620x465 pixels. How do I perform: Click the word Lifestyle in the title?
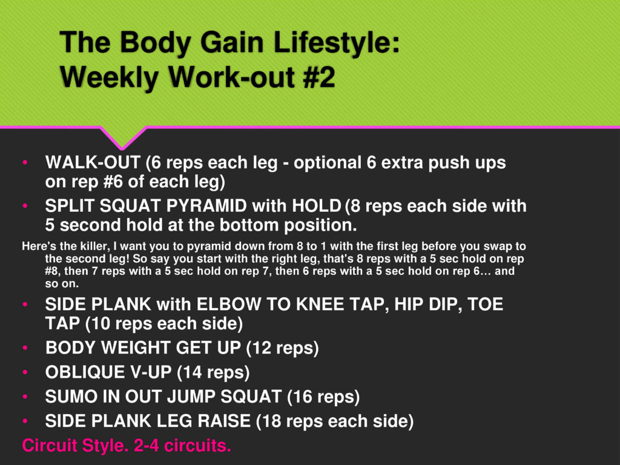click(337, 42)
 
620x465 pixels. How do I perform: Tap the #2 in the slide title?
click(319, 77)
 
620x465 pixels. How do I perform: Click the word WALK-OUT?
click(93, 162)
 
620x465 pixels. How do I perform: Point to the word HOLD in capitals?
click(317, 206)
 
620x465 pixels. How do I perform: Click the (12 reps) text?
click(282, 348)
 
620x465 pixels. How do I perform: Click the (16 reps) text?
click(323, 397)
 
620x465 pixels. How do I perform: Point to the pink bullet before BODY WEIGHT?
click(25, 348)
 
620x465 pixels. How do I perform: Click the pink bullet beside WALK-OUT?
click(25, 162)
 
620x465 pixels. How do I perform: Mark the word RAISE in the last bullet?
click(224, 421)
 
